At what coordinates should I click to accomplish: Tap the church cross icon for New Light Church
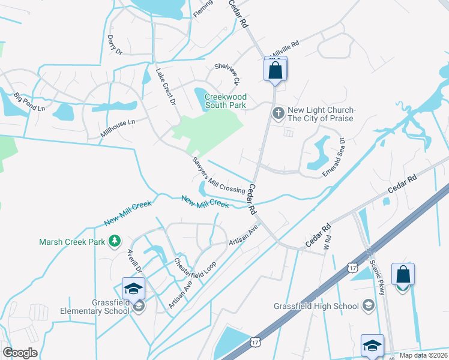click(x=278, y=113)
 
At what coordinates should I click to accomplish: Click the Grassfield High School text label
click(x=316, y=306)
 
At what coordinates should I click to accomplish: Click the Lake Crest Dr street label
click(x=165, y=87)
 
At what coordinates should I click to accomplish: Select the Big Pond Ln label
click(x=29, y=101)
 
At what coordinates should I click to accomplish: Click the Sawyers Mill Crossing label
click(x=218, y=175)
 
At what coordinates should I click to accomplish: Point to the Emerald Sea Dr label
click(x=333, y=157)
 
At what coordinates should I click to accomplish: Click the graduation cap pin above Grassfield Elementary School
click(x=133, y=288)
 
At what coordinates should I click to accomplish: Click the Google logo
click(x=20, y=353)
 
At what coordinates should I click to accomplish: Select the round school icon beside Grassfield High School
click(x=368, y=306)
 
